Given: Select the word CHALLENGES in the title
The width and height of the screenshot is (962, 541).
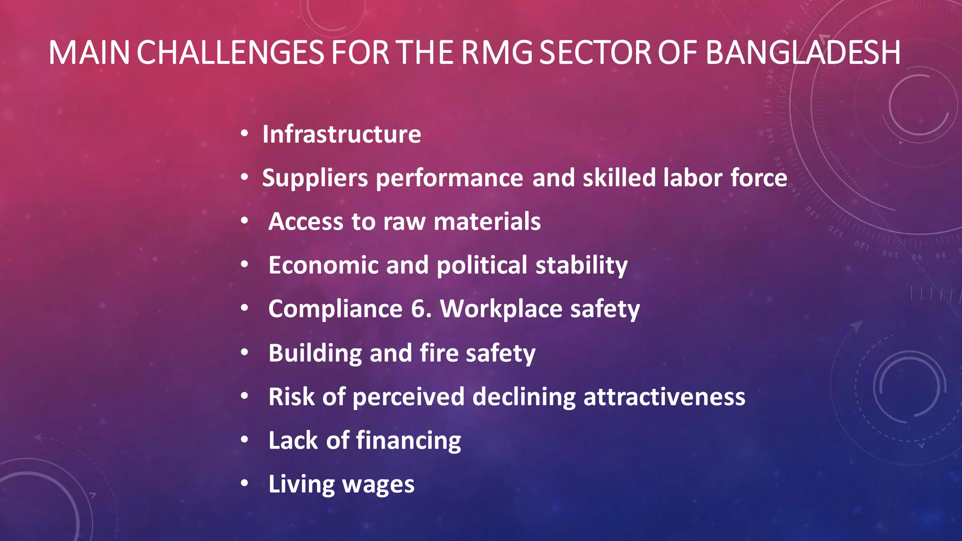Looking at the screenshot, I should (x=230, y=52).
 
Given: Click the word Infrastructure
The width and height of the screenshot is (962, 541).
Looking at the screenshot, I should (x=341, y=134).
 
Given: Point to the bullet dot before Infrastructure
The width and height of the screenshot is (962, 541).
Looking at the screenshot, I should (x=244, y=134).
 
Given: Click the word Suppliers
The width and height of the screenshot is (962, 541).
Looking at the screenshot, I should (x=315, y=178).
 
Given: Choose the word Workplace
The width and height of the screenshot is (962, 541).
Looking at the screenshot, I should (x=501, y=309).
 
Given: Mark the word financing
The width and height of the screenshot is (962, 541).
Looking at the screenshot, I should (x=408, y=441).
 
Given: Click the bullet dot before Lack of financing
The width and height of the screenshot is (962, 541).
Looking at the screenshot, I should (x=244, y=440).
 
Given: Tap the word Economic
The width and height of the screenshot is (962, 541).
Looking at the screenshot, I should (x=323, y=265).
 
